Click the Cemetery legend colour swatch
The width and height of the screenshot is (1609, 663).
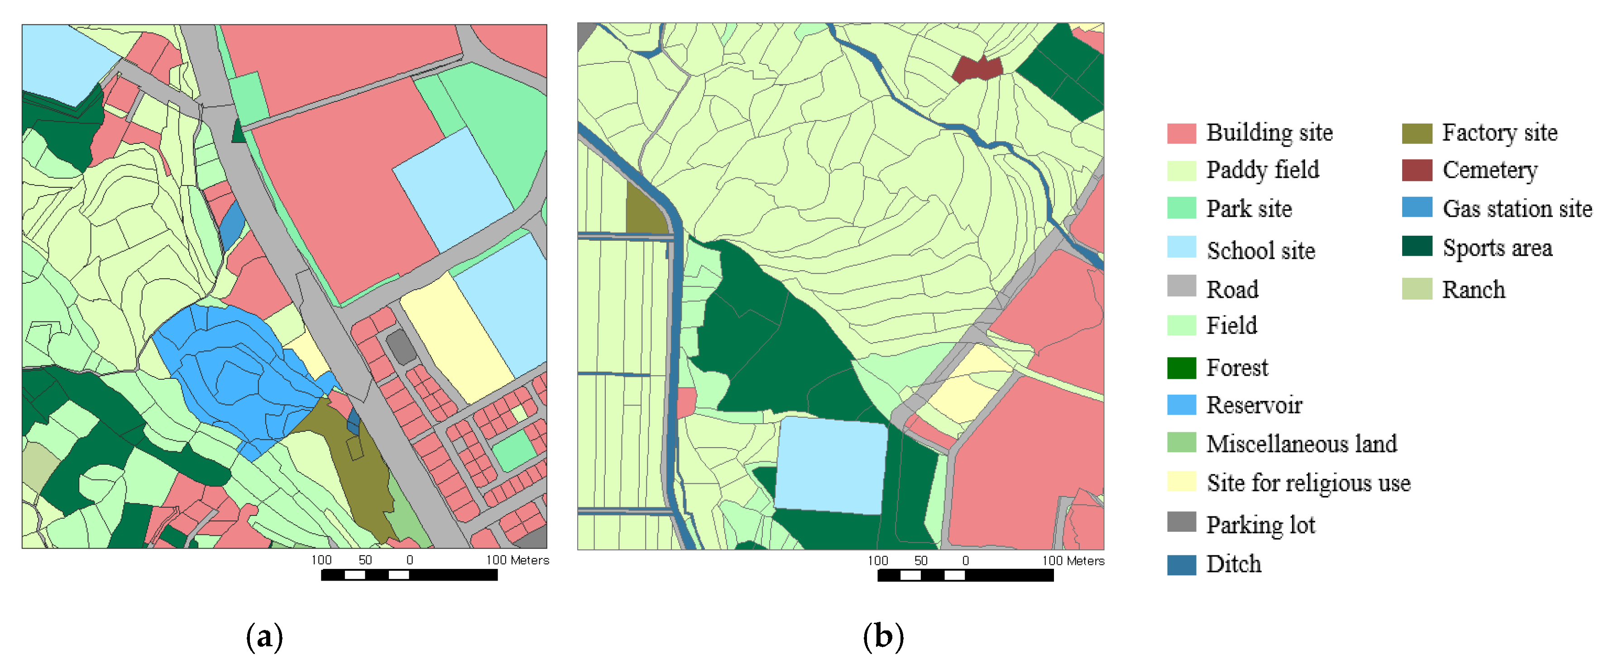(x=1416, y=170)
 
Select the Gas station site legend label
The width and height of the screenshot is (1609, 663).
(x=1517, y=209)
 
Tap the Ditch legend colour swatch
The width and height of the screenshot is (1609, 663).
(x=1181, y=564)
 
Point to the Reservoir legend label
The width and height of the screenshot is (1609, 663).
(x=1254, y=405)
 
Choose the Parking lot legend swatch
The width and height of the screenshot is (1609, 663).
(x=1181, y=522)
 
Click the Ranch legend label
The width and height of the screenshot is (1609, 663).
(x=1473, y=290)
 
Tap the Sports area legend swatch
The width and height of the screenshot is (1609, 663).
(x=1416, y=247)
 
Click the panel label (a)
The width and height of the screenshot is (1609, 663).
(x=264, y=636)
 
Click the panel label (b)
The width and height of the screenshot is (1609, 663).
(x=882, y=636)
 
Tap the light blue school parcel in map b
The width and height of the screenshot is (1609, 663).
(x=831, y=465)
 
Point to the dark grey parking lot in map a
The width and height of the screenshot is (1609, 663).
(x=401, y=347)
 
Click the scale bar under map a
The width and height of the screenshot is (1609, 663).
(x=409, y=575)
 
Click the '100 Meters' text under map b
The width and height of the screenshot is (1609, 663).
(x=1073, y=561)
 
